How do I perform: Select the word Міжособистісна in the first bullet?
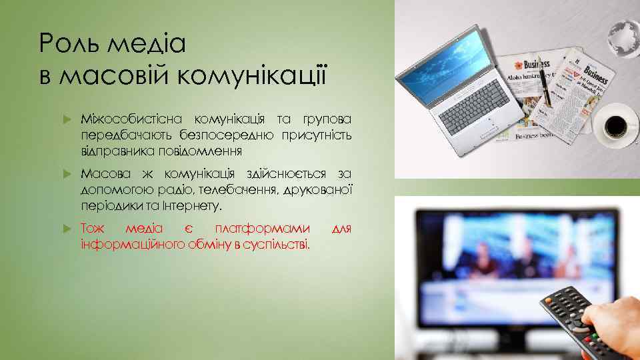[133, 119]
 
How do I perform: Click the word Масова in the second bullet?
[102, 174]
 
